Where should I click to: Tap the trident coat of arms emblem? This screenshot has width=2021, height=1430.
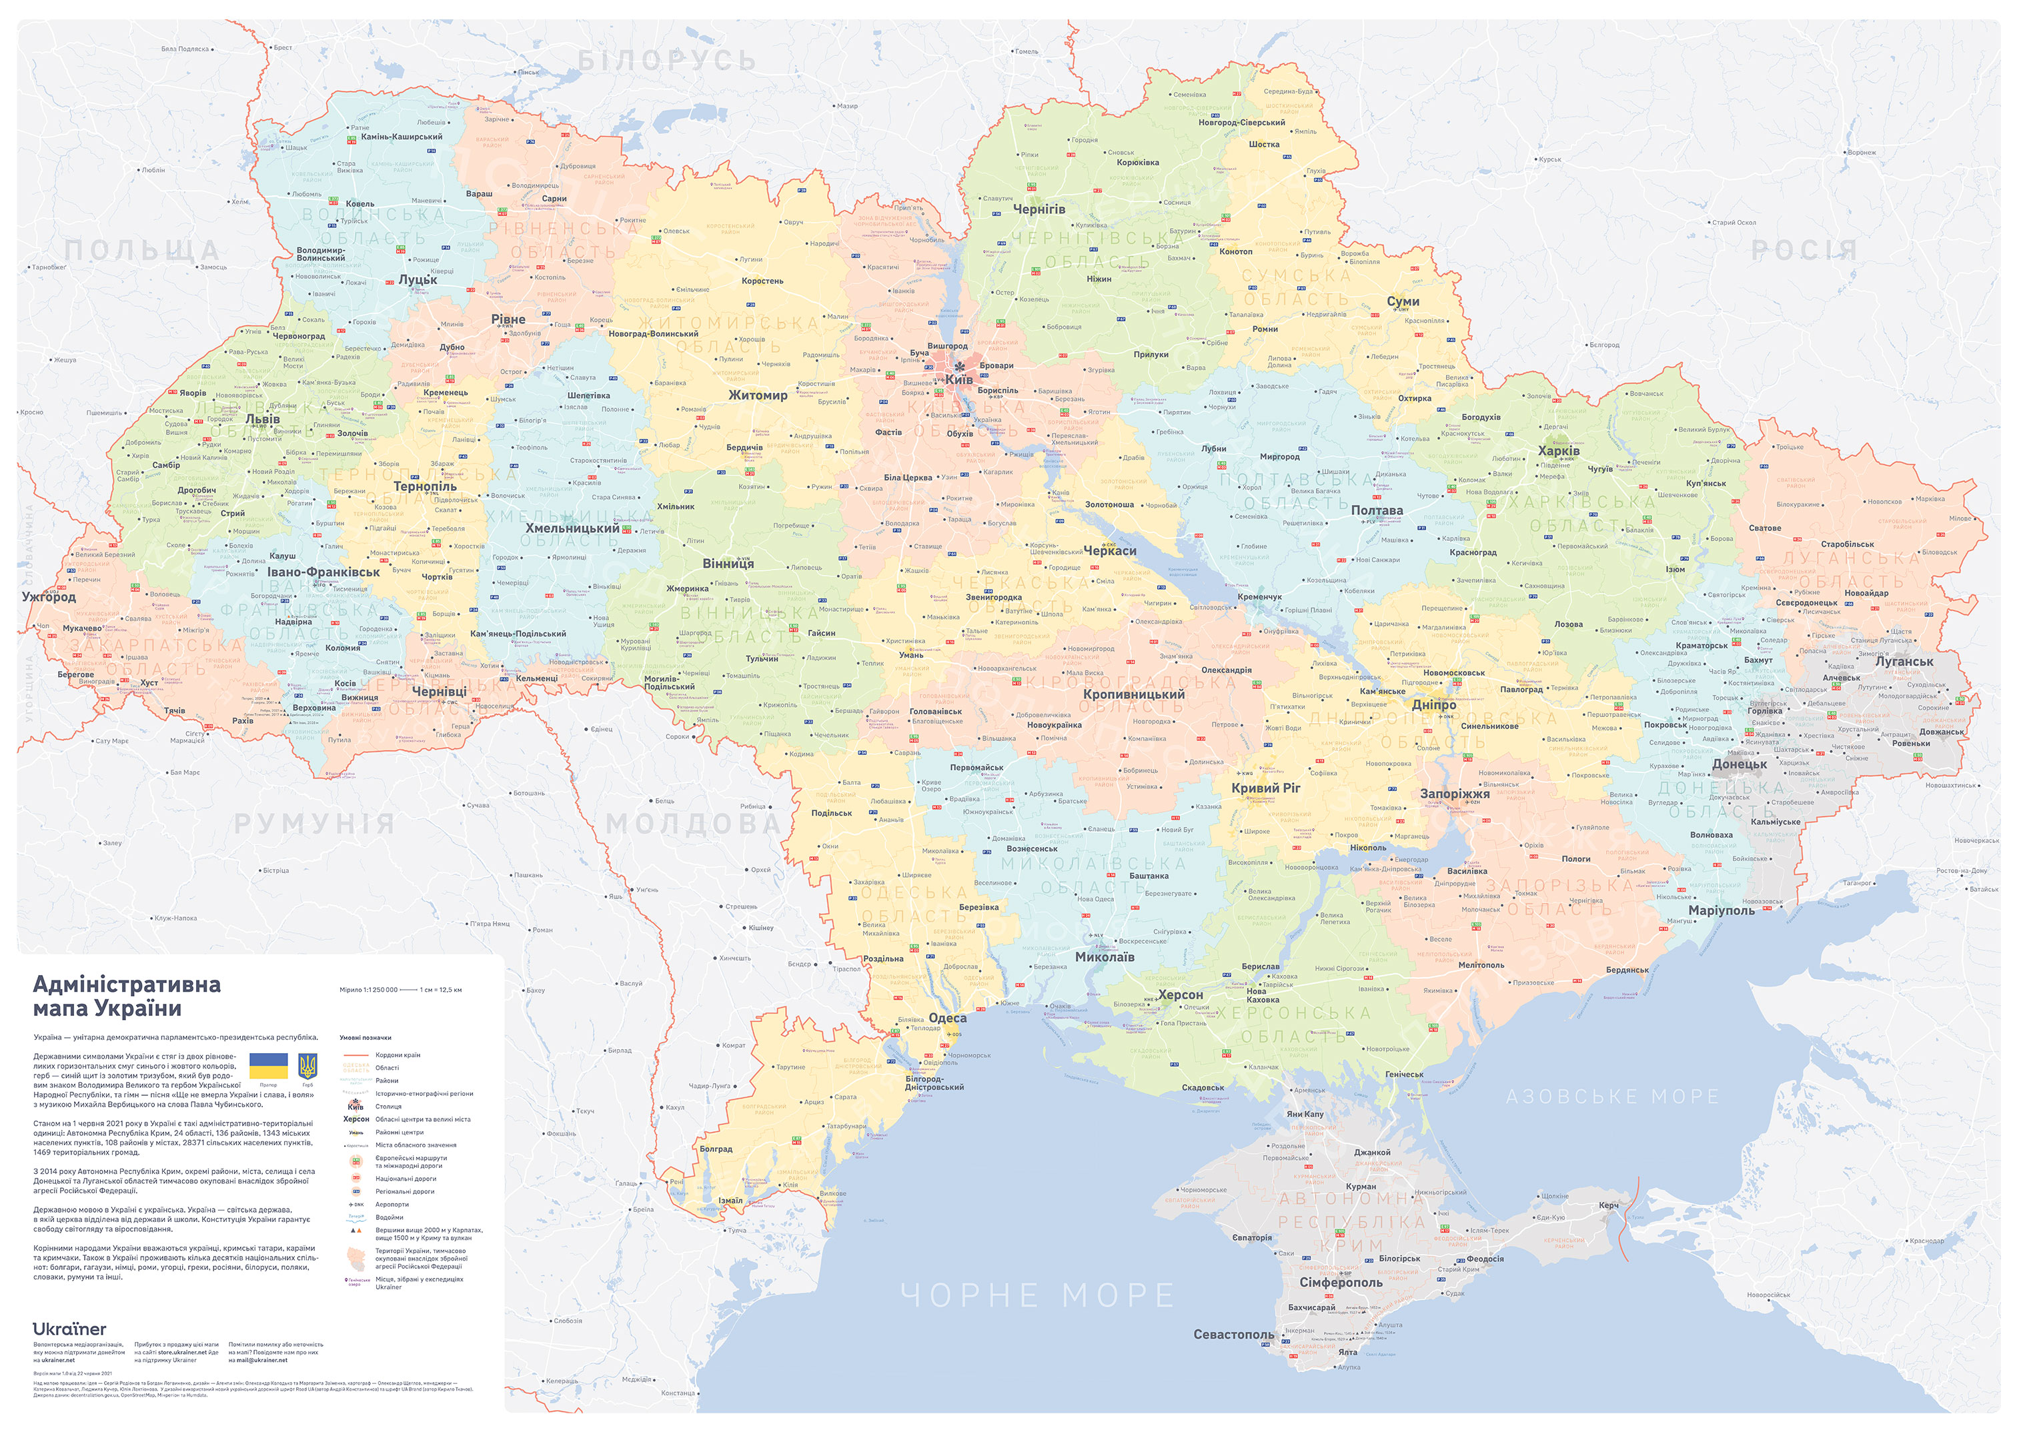[x=307, y=1066]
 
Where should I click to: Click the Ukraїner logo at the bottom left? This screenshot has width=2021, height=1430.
[x=69, y=1329]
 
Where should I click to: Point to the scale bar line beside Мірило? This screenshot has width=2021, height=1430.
[x=408, y=990]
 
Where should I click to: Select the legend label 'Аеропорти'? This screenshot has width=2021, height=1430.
[x=392, y=1204]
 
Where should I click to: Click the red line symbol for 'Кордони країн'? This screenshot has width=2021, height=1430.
[x=356, y=1054]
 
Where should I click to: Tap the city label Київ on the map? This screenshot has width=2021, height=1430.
[x=959, y=380]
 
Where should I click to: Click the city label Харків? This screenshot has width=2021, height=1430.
[x=1558, y=451]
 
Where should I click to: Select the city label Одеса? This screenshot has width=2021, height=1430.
[x=948, y=1018]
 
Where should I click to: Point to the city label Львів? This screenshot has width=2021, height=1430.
[x=262, y=419]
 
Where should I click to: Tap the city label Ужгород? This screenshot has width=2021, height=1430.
[x=49, y=596]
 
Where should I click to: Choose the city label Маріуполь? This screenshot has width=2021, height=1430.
[x=1721, y=910]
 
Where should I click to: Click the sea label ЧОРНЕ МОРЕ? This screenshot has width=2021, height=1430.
[x=1037, y=1295]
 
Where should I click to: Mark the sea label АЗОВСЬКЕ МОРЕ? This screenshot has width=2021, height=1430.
[x=1611, y=1097]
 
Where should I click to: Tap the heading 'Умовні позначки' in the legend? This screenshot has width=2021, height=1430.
[x=365, y=1037]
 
